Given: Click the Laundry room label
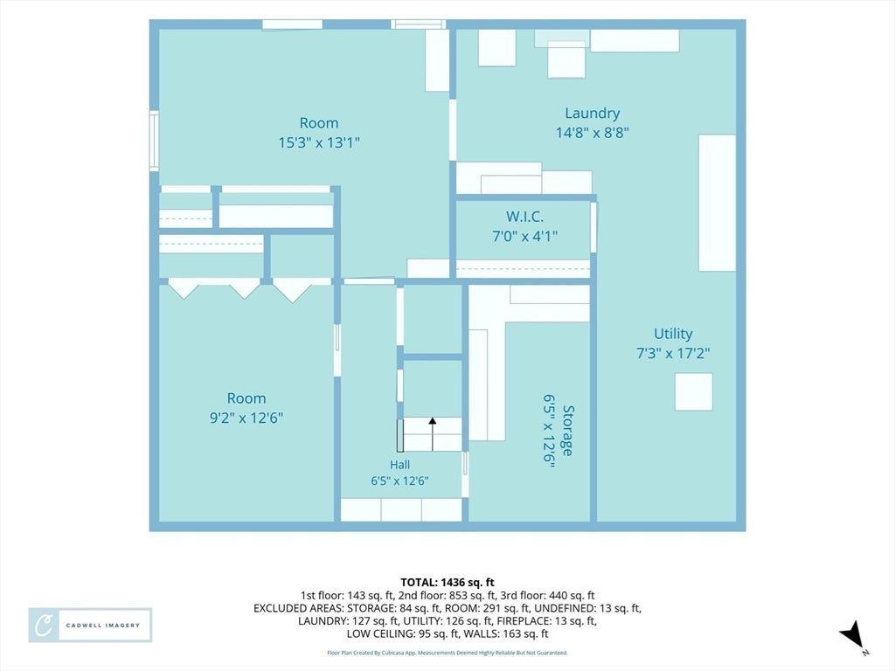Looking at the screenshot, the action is coord(592,114).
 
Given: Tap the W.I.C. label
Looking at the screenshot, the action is coord(524,217).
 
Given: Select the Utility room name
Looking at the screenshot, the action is coord(673,335).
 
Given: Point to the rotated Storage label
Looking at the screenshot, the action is coord(568,431).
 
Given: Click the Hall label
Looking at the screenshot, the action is coord(399,465).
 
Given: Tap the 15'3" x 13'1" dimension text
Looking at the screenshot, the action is coord(319,142).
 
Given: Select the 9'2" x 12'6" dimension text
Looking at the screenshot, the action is coord(246,418).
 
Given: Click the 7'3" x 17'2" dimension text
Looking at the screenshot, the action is coord(673,353).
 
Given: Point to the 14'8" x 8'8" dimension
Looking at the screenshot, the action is coord(593,133).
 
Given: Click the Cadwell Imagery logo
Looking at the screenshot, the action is coord(90,626).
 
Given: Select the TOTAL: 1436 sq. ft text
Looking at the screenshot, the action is coord(447,583).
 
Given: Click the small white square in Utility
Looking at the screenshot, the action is coord(693,392).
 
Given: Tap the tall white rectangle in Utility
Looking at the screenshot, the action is coord(717,203).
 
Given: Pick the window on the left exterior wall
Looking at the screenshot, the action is coord(154,141).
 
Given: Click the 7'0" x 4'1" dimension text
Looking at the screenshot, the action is coord(524,236).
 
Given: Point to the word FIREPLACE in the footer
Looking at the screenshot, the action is coord(525,621).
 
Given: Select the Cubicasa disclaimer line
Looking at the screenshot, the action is coord(447,653).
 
